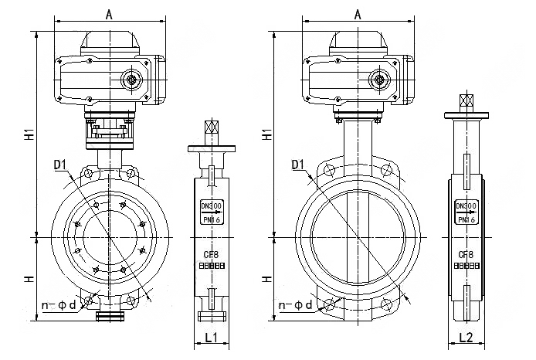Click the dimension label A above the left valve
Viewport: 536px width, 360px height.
pos(110,13)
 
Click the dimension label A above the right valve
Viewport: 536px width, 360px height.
pos(357,13)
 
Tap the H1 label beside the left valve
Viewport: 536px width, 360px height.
pos(29,133)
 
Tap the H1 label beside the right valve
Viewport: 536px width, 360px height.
pos(266,133)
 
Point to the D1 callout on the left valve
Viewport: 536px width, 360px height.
pos(59,163)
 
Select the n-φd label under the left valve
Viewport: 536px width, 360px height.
pos(59,306)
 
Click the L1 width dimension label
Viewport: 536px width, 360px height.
pos(210,337)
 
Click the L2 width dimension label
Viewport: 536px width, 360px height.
pos(466,337)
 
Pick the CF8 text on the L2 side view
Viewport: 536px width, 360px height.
pos(466,254)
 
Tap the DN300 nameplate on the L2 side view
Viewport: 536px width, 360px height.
pos(466,212)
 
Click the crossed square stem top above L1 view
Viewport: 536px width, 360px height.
pos(211,128)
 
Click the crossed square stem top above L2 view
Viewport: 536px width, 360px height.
pos(466,101)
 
